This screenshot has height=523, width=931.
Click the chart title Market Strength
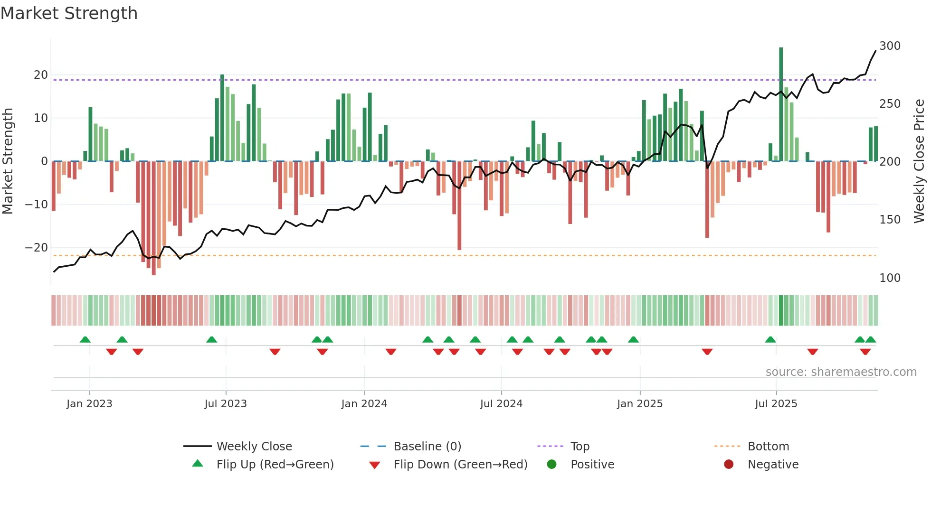(69, 13)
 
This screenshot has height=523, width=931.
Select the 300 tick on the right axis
(890, 46)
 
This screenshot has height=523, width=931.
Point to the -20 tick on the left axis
(36, 248)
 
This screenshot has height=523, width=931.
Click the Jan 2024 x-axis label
(364, 404)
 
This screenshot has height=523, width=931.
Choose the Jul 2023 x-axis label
(226, 404)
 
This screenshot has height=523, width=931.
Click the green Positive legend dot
(551, 465)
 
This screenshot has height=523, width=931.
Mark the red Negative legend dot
(729, 465)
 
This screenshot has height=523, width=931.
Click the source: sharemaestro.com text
(841, 372)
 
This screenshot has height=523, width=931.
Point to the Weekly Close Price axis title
(919, 161)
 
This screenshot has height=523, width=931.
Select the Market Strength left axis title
(8, 161)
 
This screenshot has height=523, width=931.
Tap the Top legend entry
(579, 447)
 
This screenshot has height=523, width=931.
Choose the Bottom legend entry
(768, 447)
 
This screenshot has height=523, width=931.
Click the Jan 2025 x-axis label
(639, 404)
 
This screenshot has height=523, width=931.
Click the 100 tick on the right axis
(890, 278)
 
